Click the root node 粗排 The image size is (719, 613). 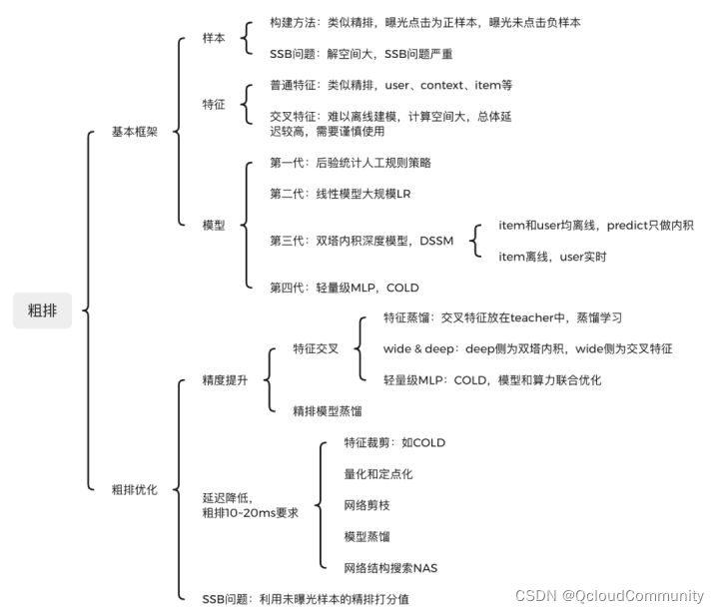pos(42,310)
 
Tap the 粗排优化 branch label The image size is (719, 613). pos(135,489)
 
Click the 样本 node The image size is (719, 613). pos(214,37)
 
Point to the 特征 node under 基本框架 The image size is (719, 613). pos(214,103)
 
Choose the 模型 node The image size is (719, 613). pos(214,226)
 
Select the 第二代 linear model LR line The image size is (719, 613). pos(341,194)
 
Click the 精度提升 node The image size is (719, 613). pos(225,380)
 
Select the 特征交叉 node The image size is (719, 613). pos(316,349)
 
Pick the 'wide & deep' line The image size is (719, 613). pos(528,349)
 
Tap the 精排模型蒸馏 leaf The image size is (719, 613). pos(328,411)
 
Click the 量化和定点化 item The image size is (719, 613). pos(378,474)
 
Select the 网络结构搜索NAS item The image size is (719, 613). pos(390,568)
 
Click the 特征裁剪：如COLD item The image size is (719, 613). pos(394,442)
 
